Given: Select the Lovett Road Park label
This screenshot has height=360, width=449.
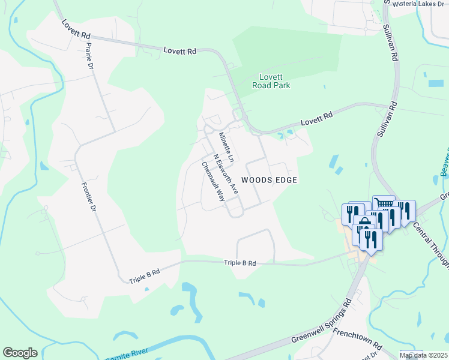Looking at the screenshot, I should (274, 81).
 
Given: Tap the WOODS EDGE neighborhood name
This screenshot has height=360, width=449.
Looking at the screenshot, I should (270, 180).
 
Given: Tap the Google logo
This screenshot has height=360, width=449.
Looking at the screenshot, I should (20, 353).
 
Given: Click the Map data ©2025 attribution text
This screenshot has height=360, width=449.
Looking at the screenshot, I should (423, 355).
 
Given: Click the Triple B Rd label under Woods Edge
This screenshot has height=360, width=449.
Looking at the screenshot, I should (240, 263).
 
